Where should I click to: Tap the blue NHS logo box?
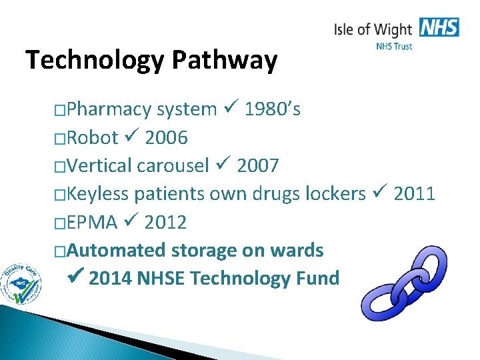[x=439, y=27]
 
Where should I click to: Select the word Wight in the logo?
[x=393, y=29]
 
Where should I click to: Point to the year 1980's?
[x=272, y=109]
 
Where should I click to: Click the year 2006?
[x=166, y=138]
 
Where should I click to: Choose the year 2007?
[x=257, y=166]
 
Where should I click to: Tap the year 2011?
[x=414, y=194]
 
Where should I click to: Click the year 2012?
[x=165, y=222]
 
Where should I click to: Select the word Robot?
[x=92, y=138]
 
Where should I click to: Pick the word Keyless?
[x=98, y=194]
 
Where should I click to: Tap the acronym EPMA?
[x=92, y=222]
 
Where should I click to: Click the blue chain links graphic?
[x=402, y=282]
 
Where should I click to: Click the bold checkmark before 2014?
[x=76, y=277]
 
